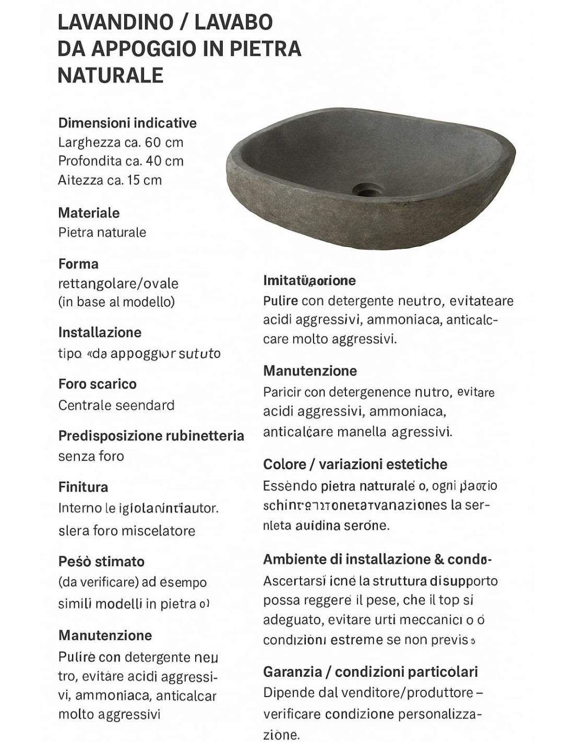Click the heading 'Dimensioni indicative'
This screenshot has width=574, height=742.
point(127,123)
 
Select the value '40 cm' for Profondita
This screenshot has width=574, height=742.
point(165,161)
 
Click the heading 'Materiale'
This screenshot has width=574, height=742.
point(89,213)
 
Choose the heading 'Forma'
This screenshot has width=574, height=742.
point(78,264)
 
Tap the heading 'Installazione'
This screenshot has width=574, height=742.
point(100,332)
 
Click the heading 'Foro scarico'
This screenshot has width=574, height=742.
point(97,384)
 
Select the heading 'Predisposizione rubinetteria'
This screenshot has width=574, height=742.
point(151,436)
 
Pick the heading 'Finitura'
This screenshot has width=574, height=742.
point(83,487)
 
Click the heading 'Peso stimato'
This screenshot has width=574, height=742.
point(101,561)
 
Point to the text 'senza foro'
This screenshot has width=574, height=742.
point(91,456)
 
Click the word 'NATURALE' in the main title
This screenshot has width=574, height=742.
point(110,75)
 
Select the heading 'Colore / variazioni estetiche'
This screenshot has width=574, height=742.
point(355,464)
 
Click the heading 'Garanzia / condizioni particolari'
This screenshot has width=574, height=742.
point(370,672)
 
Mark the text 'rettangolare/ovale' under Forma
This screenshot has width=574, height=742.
point(118,283)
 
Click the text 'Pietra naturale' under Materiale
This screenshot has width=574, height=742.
point(102,232)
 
